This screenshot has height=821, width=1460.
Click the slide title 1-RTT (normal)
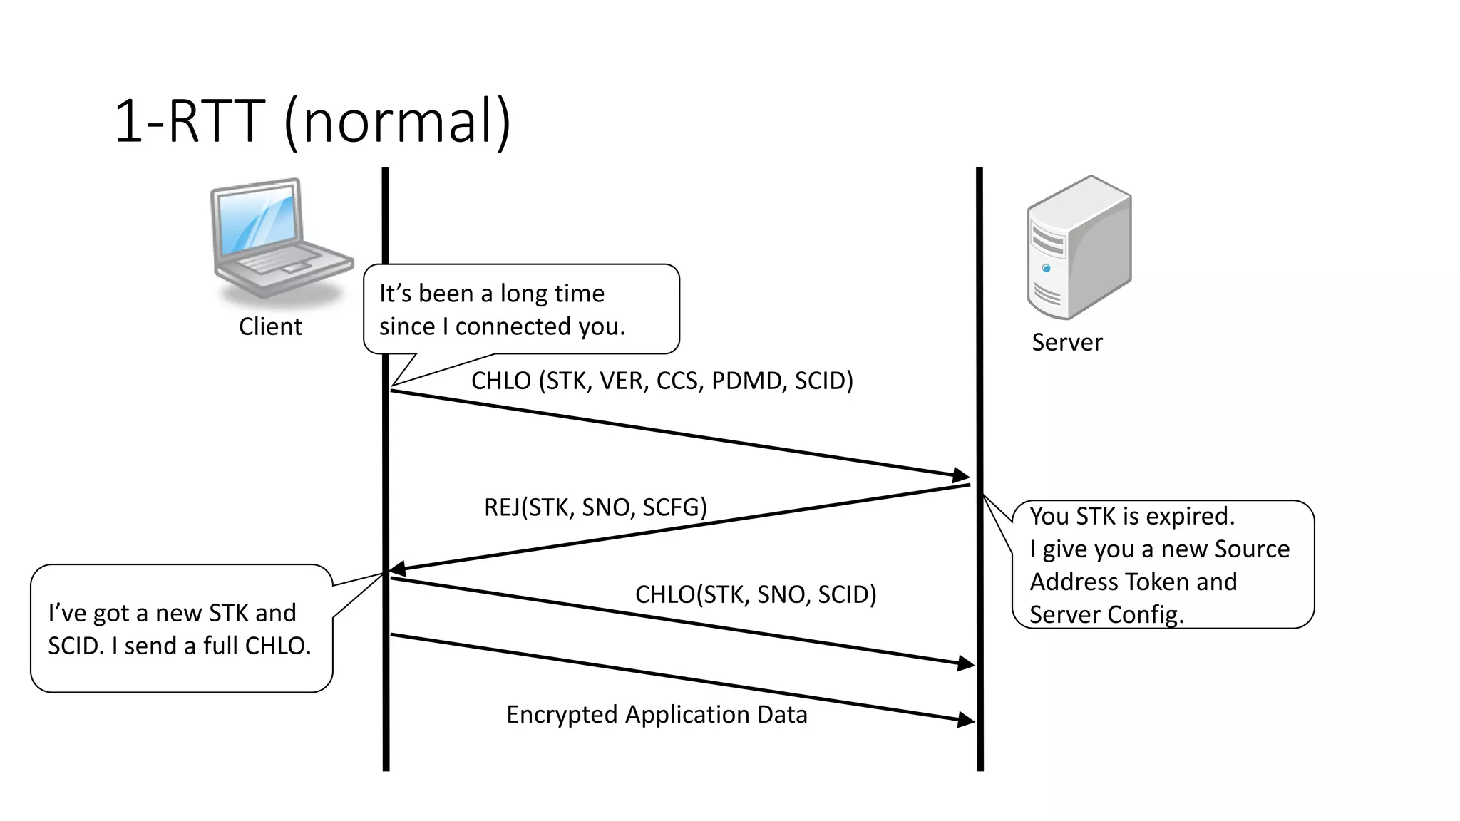pos(312,121)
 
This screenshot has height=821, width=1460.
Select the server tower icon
pos(1078,248)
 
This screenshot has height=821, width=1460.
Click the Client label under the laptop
pos(270,326)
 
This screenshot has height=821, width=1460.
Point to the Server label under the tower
pos(1066,342)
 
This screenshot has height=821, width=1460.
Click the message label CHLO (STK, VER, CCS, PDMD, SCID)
pos(662,381)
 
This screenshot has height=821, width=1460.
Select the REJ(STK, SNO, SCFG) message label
pos(595,507)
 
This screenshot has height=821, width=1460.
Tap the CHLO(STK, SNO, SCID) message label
pos(756,594)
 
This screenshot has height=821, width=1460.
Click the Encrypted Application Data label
pos(657,714)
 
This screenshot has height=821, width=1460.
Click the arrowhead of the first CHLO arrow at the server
pos(962,475)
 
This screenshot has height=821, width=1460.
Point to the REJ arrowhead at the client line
pos(398,569)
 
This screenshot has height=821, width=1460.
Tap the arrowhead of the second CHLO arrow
pos(967,663)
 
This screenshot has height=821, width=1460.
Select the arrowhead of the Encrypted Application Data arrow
pos(967,720)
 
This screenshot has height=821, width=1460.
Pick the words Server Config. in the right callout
pos(1106,614)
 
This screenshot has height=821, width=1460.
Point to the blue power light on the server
pos(1046,269)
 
